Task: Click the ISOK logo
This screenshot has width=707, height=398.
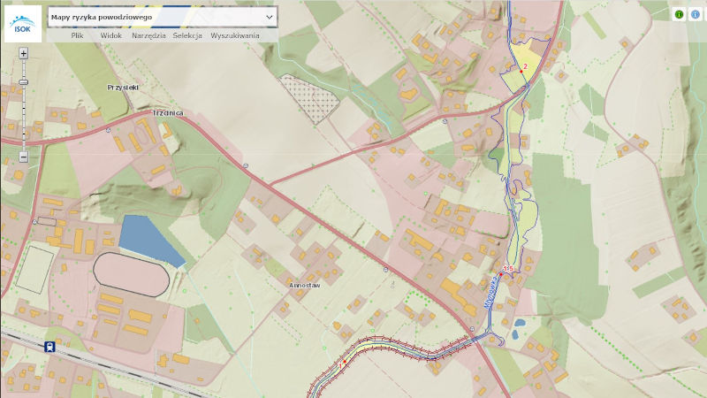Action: pyautogui.click(x=22, y=24)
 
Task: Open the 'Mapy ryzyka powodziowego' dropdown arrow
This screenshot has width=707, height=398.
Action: pyautogui.click(x=270, y=17)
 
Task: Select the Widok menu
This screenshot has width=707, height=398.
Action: pyautogui.click(x=111, y=35)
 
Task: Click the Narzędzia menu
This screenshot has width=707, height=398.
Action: pyautogui.click(x=148, y=35)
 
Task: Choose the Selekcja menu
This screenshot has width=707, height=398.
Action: pyautogui.click(x=187, y=35)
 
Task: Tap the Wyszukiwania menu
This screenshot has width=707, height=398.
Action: pyautogui.click(x=235, y=35)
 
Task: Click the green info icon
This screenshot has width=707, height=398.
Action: pyautogui.click(x=680, y=14)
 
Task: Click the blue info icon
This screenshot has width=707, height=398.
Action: pyautogui.click(x=695, y=14)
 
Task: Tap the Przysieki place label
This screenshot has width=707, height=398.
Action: pyautogui.click(x=123, y=87)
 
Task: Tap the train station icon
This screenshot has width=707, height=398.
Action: pyautogui.click(x=50, y=347)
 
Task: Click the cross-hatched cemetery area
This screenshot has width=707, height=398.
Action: pyautogui.click(x=310, y=96)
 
